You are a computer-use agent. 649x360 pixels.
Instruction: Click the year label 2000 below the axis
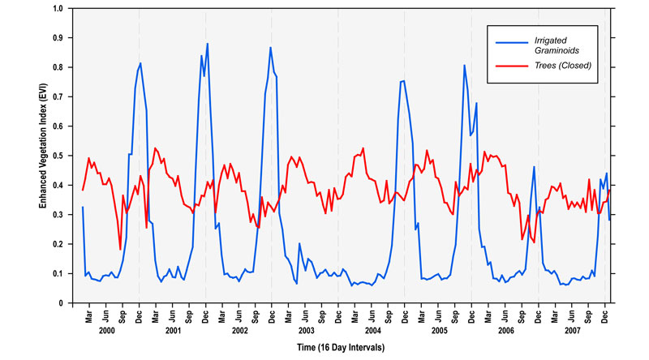tap(105, 331)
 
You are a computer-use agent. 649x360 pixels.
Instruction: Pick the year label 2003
tap(306, 331)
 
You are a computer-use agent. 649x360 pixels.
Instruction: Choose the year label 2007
tap(573, 331)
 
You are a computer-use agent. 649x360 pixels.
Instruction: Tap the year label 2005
tap(439, 331)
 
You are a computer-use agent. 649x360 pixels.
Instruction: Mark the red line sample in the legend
tap(512, 66)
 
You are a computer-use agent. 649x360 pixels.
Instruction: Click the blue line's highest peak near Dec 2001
tap(208, 44)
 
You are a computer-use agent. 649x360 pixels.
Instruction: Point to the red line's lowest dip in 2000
tap(120, 249)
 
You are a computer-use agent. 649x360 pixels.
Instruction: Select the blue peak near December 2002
tap(270, 47)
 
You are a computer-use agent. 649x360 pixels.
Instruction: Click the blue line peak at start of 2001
tap(140, 63)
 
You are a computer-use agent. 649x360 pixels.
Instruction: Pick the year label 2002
tap(239, 331)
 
